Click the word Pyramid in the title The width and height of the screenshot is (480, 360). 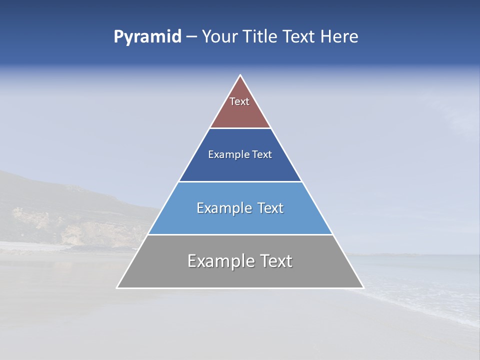[147, 37]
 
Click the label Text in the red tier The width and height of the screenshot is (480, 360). [239, 101]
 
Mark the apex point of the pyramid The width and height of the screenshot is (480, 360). [240, 75]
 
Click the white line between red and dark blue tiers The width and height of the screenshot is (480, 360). [240, 128]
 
